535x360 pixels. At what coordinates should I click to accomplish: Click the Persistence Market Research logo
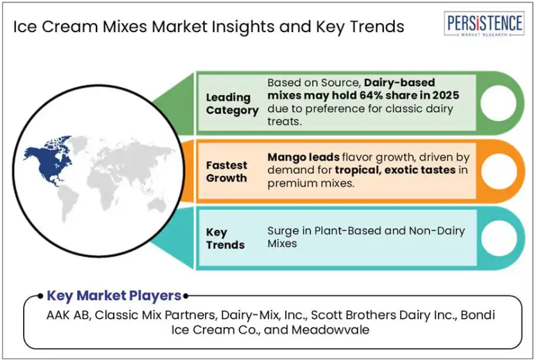[484, 24]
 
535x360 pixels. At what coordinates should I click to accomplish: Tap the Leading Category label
[232, 104]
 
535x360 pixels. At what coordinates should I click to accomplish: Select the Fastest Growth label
[227, 171]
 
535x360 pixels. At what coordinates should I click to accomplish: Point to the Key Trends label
[225, 238]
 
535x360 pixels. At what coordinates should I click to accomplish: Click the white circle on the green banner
[498, 103]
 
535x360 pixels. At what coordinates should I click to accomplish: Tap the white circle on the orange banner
[499, 171]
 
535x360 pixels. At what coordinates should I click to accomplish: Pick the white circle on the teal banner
[499, 238]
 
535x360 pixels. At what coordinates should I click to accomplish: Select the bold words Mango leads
[303, 157]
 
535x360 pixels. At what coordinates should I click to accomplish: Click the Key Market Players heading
[114, 296]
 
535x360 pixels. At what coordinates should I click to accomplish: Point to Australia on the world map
[157, 205]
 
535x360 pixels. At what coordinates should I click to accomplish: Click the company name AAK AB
[68, 315]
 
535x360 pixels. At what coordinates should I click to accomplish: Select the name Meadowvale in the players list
[330, 330]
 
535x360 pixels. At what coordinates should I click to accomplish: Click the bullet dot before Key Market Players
[40, 296]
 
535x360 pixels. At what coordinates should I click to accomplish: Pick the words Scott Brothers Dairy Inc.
[384, 315]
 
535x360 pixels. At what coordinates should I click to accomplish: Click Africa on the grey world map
[102, 186]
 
